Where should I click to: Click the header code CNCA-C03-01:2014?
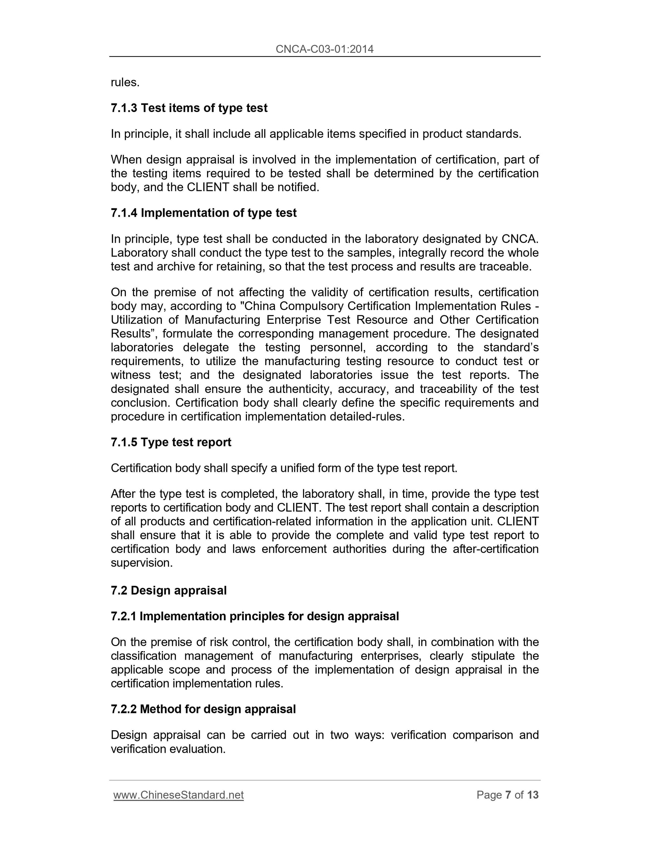pos(324,49)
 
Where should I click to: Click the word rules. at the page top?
pos(125,83)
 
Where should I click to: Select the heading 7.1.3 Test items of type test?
pos(189,108)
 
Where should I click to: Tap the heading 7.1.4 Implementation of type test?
pos(204,213)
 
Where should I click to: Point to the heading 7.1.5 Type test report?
pos(171,442)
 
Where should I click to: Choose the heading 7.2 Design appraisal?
pos(169,590)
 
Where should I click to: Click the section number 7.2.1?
pos(123,616)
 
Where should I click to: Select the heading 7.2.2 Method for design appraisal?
pos(203,709)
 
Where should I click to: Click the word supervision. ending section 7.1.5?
pos(142,563)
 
